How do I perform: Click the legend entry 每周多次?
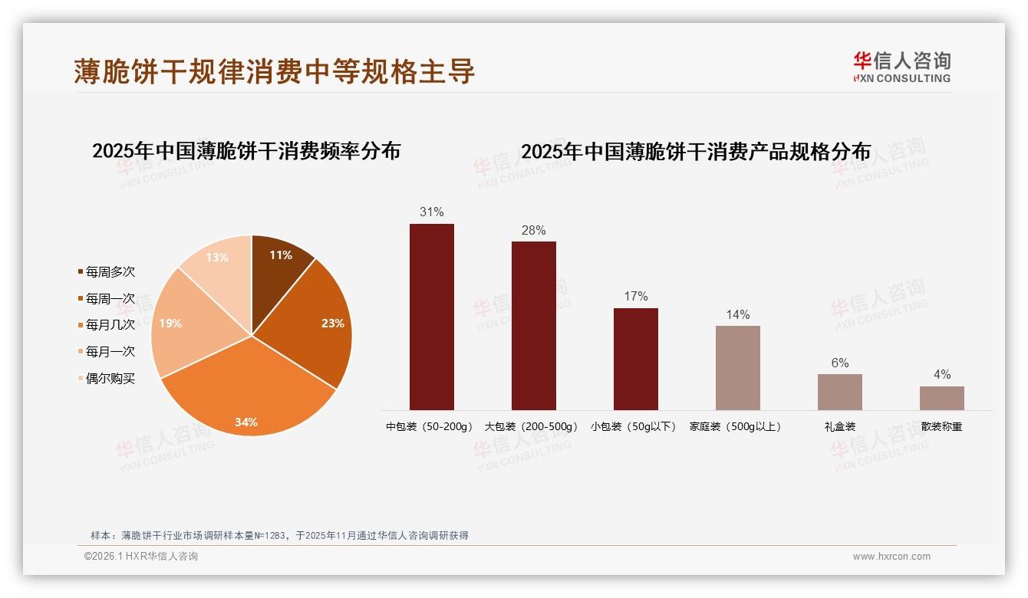(x=110, y=272)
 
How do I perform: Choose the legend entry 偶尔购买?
(x=110, y=379)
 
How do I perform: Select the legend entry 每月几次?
(x=110, y=325)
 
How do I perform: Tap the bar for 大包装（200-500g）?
(x=534, y=326)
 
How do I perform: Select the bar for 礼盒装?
(x=840, y=392)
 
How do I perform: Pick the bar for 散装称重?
(x=942, y=398)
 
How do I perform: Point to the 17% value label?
(x=636, y=297)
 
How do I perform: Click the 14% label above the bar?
(x=738, y=314)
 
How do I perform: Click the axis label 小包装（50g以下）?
(x=636, y=427)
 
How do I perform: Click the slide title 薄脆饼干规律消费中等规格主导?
(x=275, y=71)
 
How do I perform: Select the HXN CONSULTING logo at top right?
(x=901, y=67)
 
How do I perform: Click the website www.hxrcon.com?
(x=891, y=557)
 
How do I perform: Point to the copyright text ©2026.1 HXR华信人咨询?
(x=141, y=557)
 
